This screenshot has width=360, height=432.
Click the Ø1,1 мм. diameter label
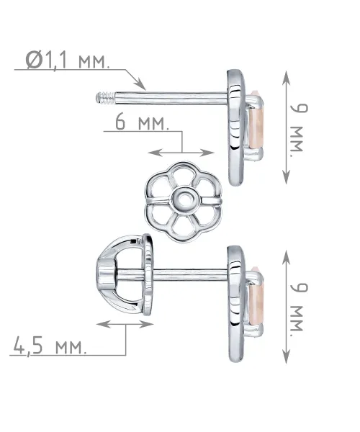click(68, 60)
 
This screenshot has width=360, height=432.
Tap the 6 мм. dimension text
click(142, 122)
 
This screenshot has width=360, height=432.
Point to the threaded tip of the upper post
click(106, 99)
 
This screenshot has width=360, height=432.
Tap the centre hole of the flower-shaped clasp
click(184, 199)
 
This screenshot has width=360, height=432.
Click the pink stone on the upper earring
click(256, 122)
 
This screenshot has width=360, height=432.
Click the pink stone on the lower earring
click(256, 300)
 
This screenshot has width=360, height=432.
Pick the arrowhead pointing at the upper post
click(140, 84)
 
